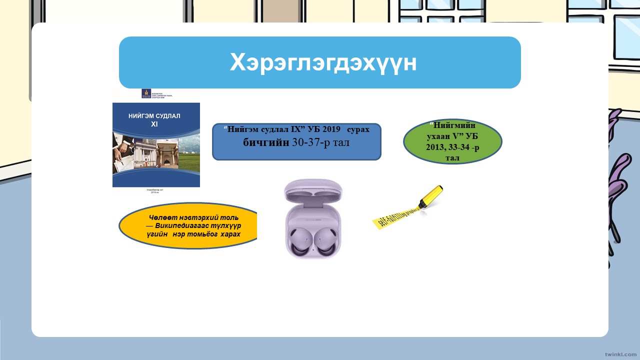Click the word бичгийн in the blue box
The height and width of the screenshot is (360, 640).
click(x=265, y=142)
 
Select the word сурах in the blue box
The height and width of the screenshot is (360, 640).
click(x=358, y=129)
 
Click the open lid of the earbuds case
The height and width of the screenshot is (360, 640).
click(x=313, y=192)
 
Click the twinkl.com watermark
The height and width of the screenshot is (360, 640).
click(x=620, y=353)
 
